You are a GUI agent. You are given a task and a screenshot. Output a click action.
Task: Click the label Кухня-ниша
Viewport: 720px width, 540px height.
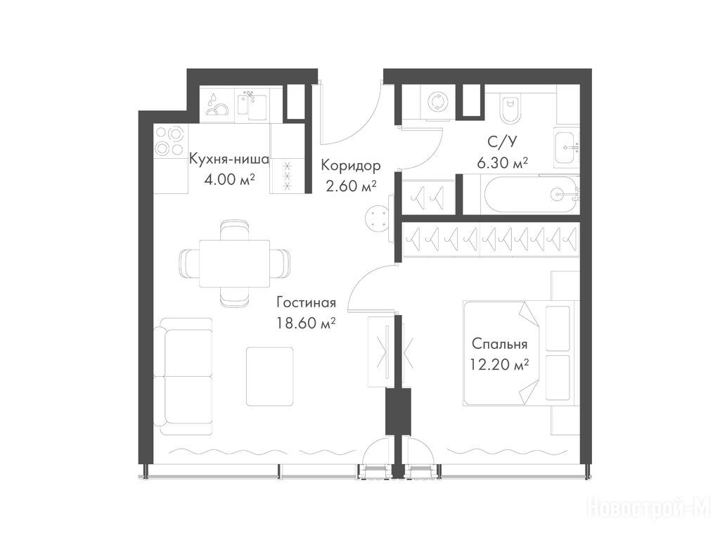[229, 160]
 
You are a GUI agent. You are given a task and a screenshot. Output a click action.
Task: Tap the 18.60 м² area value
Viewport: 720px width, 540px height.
[306, 323]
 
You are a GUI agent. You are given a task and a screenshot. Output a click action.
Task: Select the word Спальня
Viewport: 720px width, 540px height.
[499, 343]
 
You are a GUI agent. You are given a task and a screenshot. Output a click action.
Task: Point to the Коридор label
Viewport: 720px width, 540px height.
[351, 165]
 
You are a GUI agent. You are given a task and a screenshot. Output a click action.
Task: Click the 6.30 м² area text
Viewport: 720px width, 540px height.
[502, 162]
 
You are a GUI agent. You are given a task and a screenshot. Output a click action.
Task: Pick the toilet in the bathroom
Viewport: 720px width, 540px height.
[510, 109]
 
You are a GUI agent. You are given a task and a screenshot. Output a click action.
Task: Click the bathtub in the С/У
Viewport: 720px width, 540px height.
[532, 195]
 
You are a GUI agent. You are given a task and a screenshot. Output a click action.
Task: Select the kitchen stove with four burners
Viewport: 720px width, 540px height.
[169, 141]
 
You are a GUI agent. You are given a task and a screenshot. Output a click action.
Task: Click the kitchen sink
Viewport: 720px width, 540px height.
[252, 105]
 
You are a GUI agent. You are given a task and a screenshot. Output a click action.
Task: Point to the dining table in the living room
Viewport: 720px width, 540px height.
[234, 263]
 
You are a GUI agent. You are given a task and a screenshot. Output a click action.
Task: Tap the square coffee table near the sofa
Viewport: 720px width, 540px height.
[269, 377]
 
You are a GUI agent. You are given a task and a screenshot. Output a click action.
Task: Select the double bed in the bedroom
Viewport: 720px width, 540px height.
[519, 354]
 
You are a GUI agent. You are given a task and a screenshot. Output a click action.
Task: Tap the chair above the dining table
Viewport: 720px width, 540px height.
[234, 230]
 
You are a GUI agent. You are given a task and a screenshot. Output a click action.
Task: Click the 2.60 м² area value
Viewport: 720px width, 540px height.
[352, 186]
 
